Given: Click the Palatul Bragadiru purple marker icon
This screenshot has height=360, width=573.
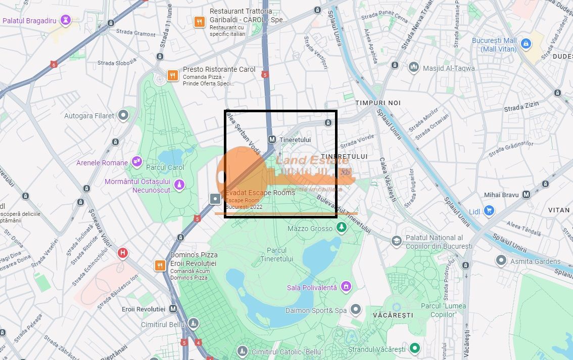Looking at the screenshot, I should [x=65, y=20].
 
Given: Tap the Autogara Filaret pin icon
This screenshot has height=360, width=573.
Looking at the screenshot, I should [x=123, y=116].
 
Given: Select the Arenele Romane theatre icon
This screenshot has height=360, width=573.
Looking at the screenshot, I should [x=137, y=162].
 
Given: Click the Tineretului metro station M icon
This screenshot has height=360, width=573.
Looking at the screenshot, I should [x=272, y=140].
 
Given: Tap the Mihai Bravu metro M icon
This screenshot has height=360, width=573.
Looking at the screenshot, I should [x=526, y=195].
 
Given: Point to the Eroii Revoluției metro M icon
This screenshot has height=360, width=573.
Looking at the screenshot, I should [x=173, y=308].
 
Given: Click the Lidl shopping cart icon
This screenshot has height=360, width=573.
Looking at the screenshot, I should [x=488, y=210].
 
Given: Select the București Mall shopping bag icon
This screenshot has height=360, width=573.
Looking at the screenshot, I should [x=526, y=44].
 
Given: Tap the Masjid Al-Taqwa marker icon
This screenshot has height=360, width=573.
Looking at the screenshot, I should [x=414, y=68].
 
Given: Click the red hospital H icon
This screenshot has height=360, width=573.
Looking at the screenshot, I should [x=122, y=253].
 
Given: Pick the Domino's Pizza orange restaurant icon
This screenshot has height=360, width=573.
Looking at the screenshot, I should [x=160, y=265].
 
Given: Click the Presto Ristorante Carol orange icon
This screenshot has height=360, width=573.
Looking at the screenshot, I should [x=173, y=76].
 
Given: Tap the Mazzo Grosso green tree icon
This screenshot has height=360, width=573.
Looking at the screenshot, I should [x=342, y=229].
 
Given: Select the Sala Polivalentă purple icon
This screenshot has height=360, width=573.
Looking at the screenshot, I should [x=346, y=287].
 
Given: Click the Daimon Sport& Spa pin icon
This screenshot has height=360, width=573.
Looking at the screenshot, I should [x=356, y=309].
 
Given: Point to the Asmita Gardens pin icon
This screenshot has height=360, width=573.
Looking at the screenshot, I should [x=501, y=261].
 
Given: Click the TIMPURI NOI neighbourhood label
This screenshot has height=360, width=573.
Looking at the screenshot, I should [x=377, y=103].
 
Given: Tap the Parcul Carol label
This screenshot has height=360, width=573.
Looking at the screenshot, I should [x=165, y=167].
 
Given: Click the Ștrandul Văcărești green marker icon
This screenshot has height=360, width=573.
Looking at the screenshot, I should [x=415, y=348].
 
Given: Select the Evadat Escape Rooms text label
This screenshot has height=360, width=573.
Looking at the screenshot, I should [x=260, y=193].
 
